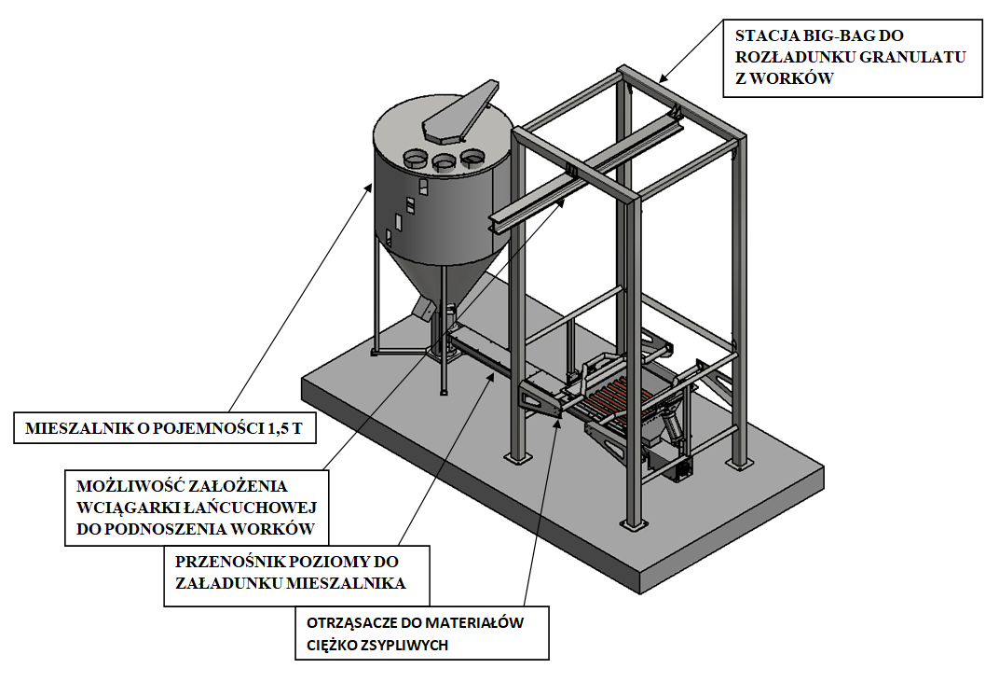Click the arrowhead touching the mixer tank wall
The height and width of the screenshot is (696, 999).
[368, 186]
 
